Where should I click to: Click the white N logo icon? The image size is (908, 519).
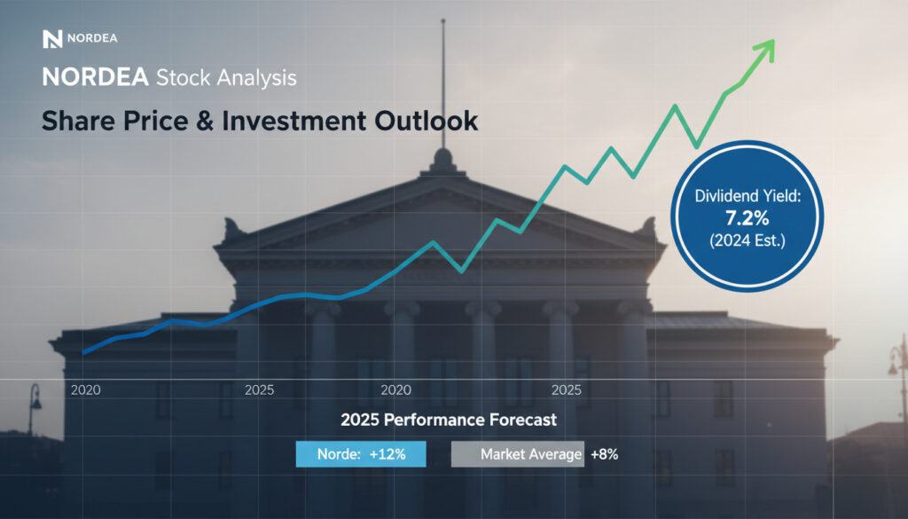(52, 39)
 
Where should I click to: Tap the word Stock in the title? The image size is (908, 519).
(181, 77)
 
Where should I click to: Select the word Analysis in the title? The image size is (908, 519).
(255, 77)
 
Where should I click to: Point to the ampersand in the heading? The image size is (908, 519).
(206, 121)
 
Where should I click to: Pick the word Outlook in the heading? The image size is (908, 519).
(427, 121)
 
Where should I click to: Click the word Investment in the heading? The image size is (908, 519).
(294, 121)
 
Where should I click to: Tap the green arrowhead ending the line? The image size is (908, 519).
(764, 49)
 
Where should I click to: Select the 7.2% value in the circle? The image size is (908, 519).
(747, 217)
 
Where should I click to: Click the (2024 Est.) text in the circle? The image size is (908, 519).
(747, 240)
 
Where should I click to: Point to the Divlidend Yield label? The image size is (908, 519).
(748, 196)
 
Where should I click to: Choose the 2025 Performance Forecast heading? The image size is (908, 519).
(449, 420)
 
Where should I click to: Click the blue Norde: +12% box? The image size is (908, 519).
(361, 454)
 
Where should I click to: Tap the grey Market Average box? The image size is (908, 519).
(518, 454)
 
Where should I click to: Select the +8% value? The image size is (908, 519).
(605, 454)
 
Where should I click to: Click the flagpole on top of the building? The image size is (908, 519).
(443, 84)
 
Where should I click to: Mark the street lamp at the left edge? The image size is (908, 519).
(35, 408)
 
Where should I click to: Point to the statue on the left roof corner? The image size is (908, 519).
(232, 230)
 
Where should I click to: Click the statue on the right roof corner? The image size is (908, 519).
(647, 230)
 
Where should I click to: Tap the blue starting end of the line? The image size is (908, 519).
(84, 351)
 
